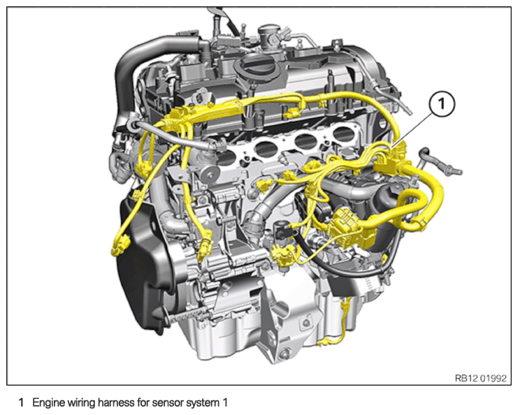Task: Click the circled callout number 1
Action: pos(442,104)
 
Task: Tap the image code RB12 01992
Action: pos(481,378)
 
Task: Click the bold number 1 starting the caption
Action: pos(21,403)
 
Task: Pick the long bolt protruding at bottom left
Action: pos(188,314)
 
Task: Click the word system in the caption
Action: pos(205,403)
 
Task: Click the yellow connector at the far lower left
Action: pos(120,245)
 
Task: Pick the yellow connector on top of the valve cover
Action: pos(291,114)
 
